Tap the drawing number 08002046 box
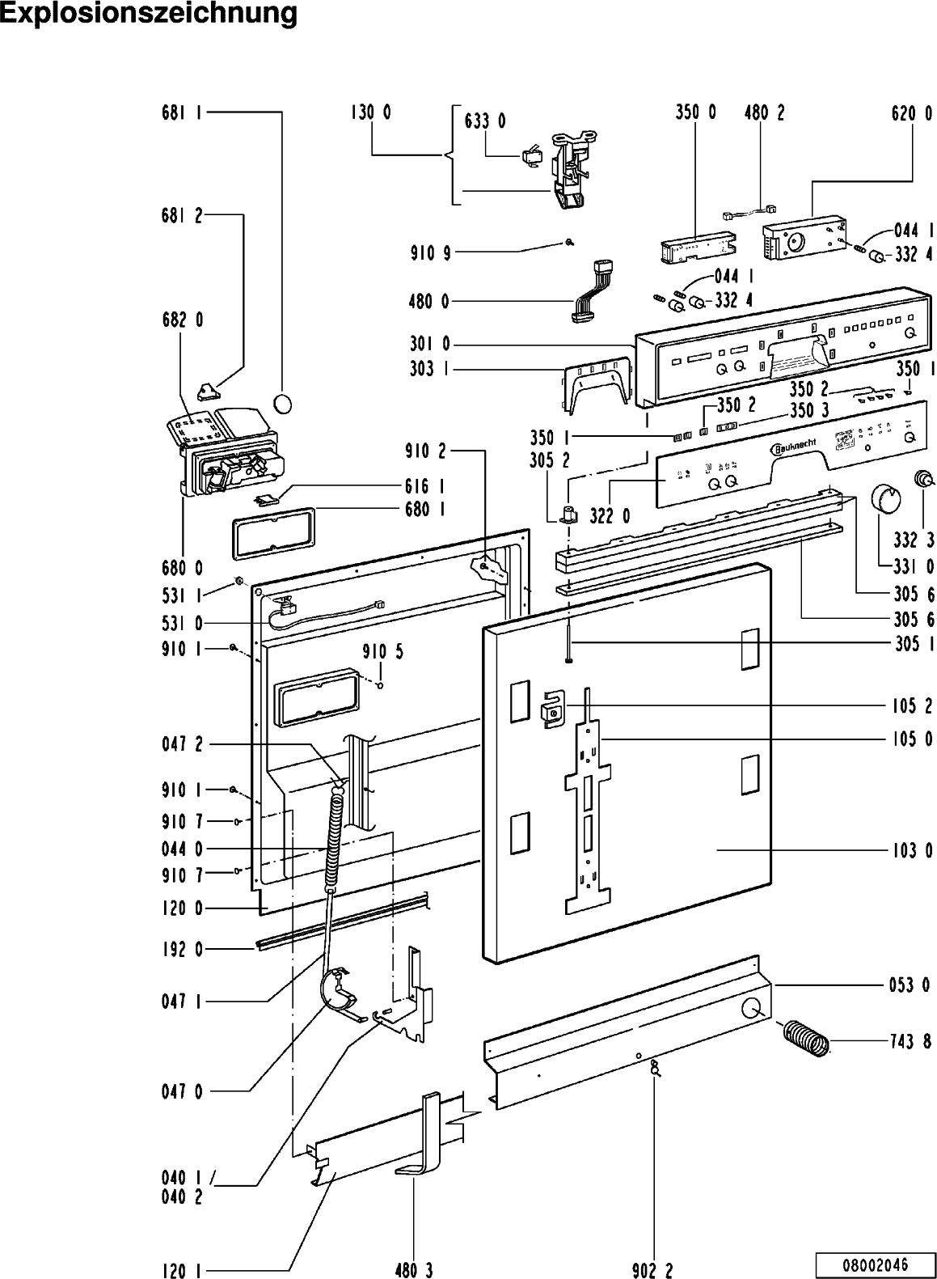[873, 1264]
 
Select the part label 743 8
[910, 1042]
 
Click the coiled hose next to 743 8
[805, 1037]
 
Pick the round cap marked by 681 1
[284, 402]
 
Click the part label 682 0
[181, 320]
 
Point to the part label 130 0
[370, 113]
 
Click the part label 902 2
[652, 1271]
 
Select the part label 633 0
[485, 121]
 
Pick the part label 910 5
[382, 652]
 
